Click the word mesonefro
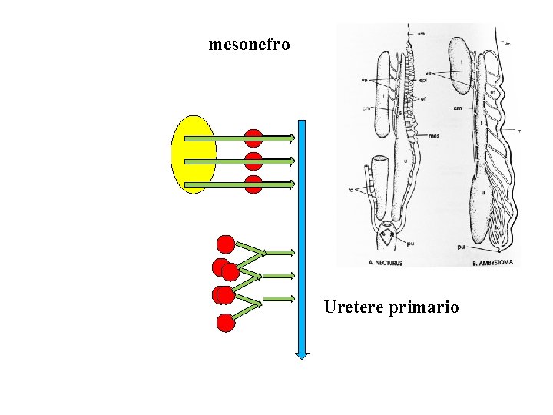[x=249, y=45]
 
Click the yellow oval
[x=194, y=154]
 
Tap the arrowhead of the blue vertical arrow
[x=302, y=354]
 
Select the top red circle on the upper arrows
[x=253, y=138]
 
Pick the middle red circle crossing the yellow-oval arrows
[x=253, y=161]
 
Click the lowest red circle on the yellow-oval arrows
[x=253, y=184]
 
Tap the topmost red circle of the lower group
[x=226, y=244]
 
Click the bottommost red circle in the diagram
[x=226, y=323]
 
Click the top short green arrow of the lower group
[x=279, y=252]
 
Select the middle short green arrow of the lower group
[x=279, y=275]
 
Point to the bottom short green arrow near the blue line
[x=279, y=298]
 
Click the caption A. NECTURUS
[x=376, y=262]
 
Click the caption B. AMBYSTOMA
[x=495, y=262]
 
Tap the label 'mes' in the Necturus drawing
[x=435, y=137]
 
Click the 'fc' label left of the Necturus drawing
[x=350, y=188]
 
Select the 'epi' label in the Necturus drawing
[x=423, y=79]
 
